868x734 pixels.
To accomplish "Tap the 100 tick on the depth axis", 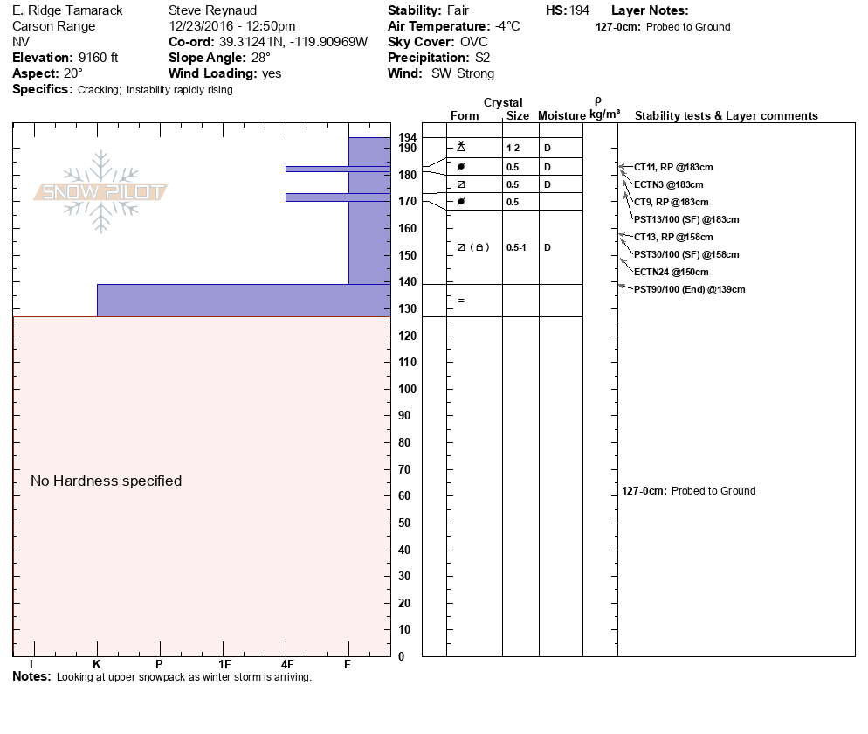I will click(x=407, y=389).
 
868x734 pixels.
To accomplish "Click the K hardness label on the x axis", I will click(x=97, y=664).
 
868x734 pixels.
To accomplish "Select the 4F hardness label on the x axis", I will click(x=286, y=664).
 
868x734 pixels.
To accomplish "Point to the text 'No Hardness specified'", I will click(x=106, y=481).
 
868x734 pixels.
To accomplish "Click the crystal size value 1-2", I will click(x=513, y=149).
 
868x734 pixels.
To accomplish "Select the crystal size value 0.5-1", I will click(x=516, y=247).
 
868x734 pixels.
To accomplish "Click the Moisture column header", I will click(x=561, y=116).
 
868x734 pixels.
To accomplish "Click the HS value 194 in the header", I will click(x=579, y=10).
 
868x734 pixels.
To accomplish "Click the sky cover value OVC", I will click(x=474, y=42).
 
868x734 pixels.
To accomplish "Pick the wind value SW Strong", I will click(x=463, y=73).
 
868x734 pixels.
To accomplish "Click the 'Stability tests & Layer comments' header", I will click(x=726, y=116).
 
